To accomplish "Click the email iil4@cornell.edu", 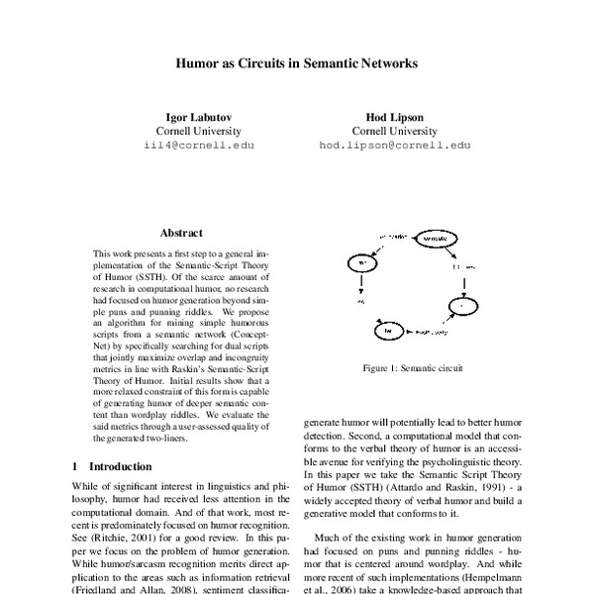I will pyautogui.click(x=198, y=145).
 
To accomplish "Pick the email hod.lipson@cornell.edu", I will pyautogui.click(x=394, y=145).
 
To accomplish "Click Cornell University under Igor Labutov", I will pyautogui.click(x=198, y=131).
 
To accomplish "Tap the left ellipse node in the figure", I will pyautogui.click(x=361, y=264).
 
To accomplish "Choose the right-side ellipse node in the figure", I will pyautogui.click(x=461, y=307).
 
